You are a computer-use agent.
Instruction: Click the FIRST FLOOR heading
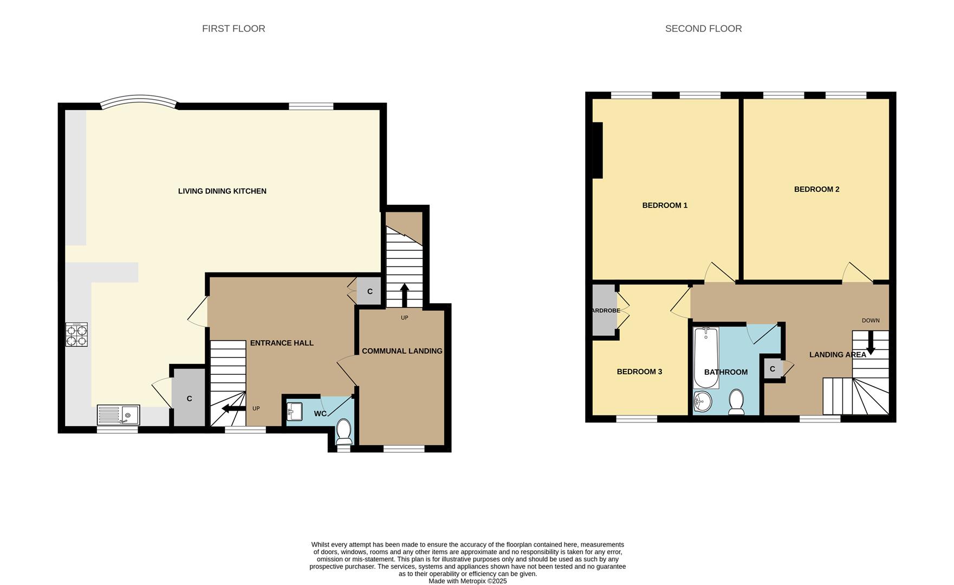[x=233, y=29]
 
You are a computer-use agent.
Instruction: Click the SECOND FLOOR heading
[x=703, y=29]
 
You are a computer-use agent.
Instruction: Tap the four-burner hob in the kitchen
[x=76, y=334]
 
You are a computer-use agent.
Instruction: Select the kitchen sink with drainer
[x=118, y=415]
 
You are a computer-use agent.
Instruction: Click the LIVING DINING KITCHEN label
[x=222, y=191]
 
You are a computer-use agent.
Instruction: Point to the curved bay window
[x=139, y=101]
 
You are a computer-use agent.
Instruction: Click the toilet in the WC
[x=344, y=431]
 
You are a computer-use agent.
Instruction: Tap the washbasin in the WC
[x=294, y=411]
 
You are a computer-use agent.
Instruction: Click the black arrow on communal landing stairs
[x=404, y=294]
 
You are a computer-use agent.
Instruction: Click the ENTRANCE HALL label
[x=282, y=343]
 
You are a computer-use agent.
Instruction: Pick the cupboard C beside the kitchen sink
[x=189, y=399]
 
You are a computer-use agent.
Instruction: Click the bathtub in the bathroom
[x=706, y=357]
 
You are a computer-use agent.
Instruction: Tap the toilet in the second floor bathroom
[x=736, y=401]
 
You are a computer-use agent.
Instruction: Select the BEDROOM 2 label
[x=816, y=190]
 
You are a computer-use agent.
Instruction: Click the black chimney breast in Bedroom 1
[x=597, y=150]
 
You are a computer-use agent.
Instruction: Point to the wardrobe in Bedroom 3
[x=604, y=310]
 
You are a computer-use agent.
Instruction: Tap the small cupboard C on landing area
[x=773, y=369]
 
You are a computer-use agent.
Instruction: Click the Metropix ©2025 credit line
[x=468, y=581]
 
